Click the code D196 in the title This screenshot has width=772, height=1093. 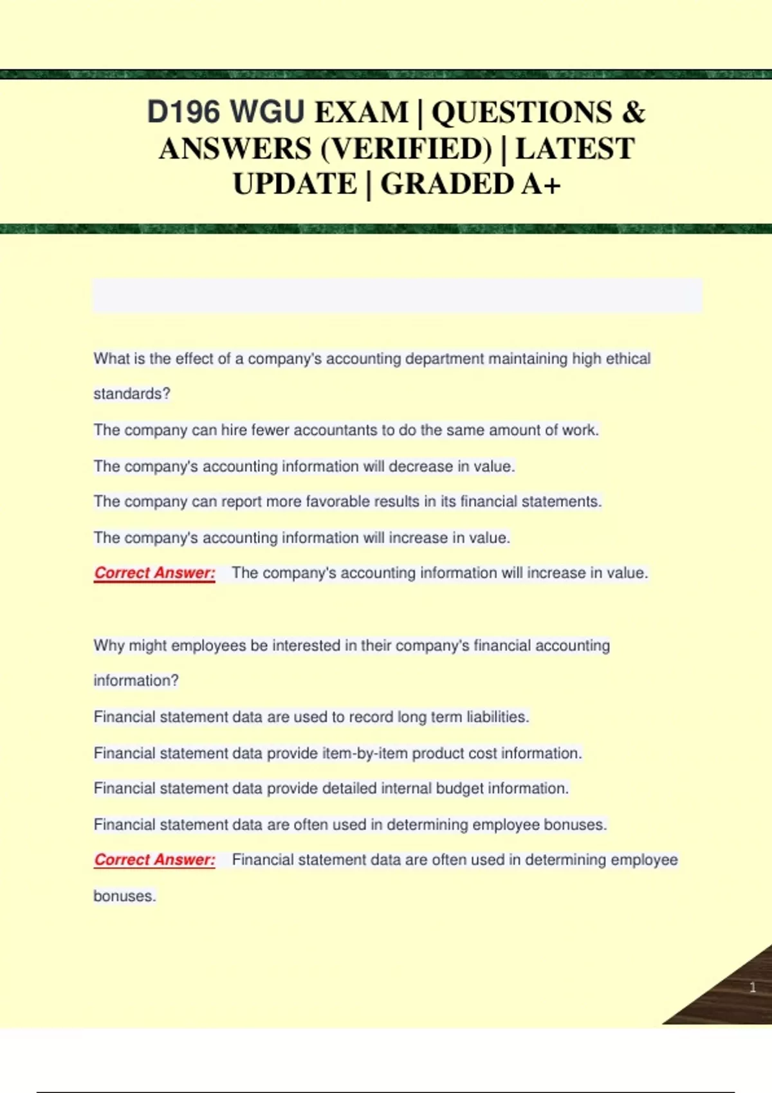click(183, 113)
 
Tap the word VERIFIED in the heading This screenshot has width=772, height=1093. click(406, 149)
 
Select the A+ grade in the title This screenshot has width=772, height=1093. click(541, 185)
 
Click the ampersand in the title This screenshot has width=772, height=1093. click(633, 113)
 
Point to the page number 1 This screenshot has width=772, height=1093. click(752, 987)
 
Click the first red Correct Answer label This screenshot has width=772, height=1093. click(154, 573)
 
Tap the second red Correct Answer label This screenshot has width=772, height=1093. click(154, 860)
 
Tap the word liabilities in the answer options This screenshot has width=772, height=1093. click(497, 717)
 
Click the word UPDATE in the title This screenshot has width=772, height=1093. click(295, 185)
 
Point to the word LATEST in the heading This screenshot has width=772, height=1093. click(574, 149)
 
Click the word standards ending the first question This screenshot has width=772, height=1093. click(131, 394)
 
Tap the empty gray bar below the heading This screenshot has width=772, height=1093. click(397, 295)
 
